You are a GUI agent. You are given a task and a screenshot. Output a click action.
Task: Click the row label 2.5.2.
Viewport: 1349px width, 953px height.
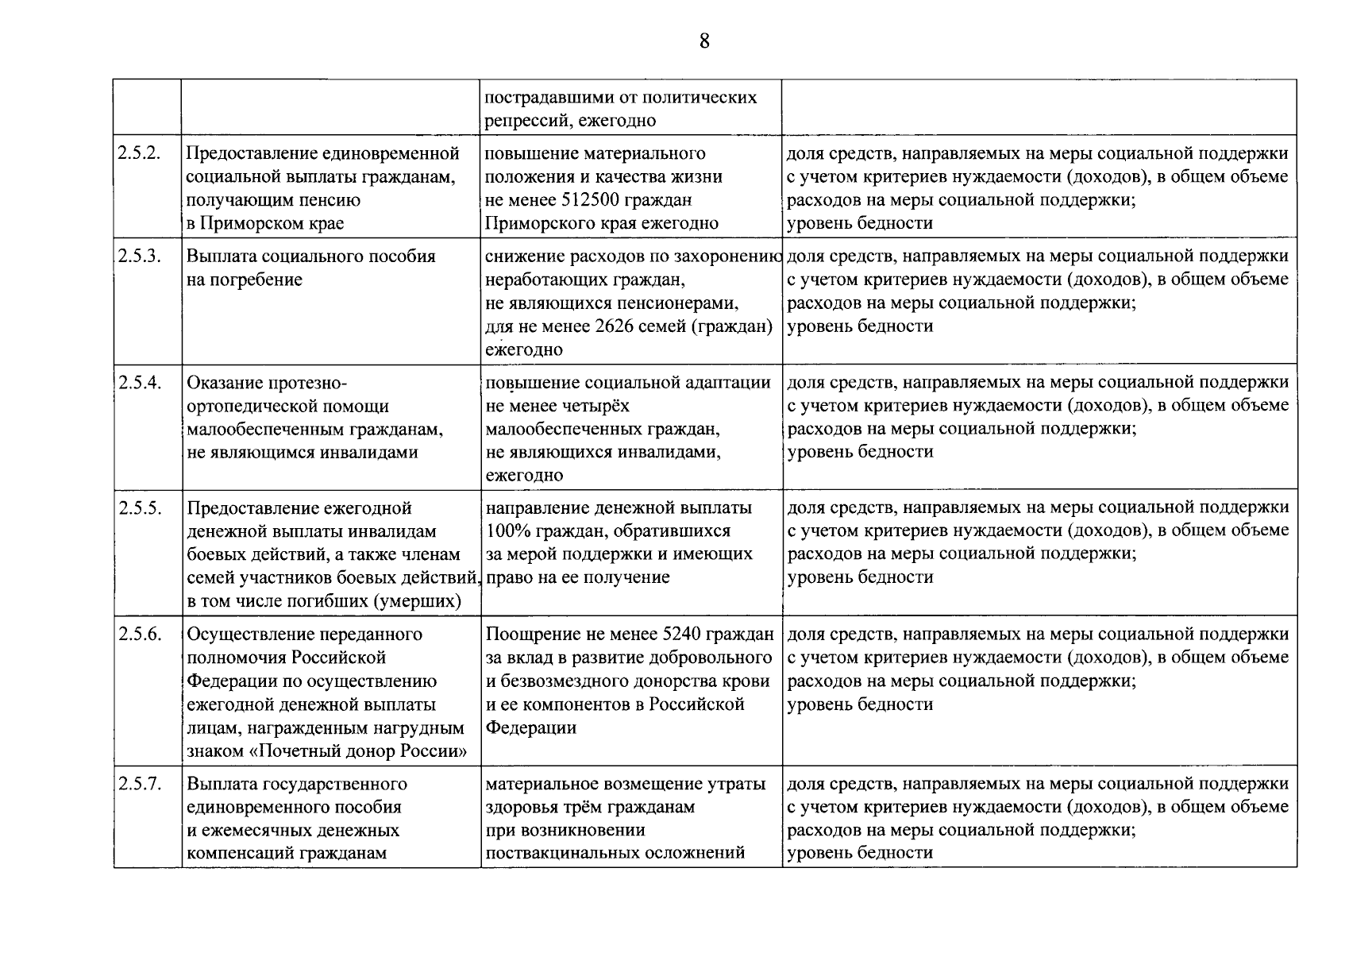click(140, 153)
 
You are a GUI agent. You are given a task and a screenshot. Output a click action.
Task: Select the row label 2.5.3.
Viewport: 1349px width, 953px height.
click(140, 257)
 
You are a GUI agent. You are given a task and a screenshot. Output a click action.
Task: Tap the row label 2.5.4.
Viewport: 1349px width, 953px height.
click(140, 383)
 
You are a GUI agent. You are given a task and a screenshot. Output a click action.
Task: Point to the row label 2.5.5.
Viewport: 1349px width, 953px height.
click(140, 508)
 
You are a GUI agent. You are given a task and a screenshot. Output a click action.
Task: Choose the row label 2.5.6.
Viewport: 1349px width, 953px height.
click(140, 635)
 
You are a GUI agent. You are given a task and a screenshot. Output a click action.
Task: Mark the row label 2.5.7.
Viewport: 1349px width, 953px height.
click(140, 784)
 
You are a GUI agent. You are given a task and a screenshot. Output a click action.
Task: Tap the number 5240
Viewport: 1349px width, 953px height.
click(680, 635)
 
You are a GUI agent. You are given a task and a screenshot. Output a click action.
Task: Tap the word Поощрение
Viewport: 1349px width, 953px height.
click(529, 635)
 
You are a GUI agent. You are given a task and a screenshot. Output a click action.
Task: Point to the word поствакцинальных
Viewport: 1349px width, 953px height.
click(568, 853)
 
